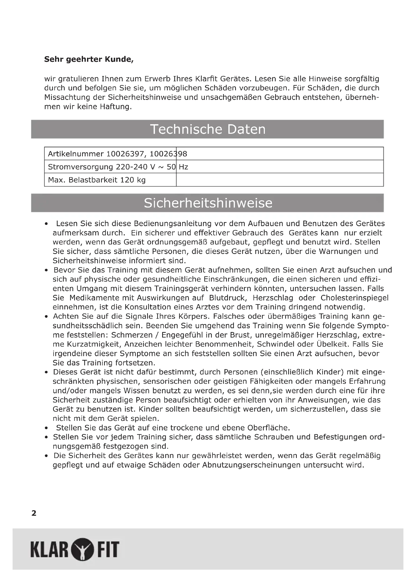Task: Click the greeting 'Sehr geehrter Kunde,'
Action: click(x=89, y=59)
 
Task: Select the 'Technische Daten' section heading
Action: click(x=207, y=129)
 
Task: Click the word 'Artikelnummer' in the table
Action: click(x=76, y=154)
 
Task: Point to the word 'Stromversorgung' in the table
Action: click(x=80, y=167)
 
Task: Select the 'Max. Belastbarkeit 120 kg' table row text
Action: click(x=97, y=180)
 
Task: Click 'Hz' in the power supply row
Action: click(x=183, y=167)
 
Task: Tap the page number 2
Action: click(x=34, y=513)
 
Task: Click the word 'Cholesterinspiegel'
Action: click(x=355, y=298)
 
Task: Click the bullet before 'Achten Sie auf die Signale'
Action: click(x=46, y=317)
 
